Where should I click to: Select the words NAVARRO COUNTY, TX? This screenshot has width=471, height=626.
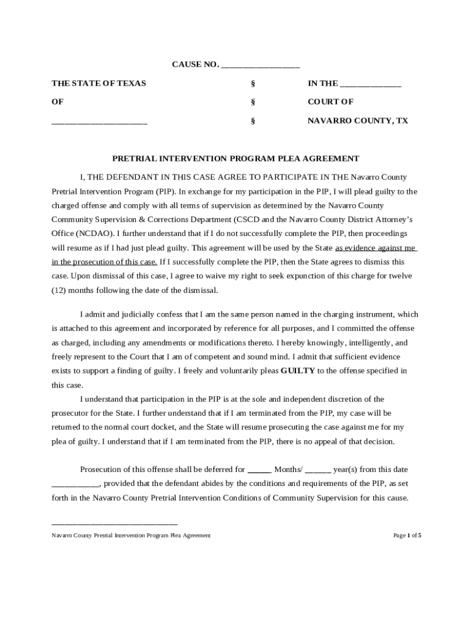coord(357,121)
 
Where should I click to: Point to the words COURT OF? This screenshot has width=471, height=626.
coord(330,102)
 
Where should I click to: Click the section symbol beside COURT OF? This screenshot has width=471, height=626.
coord(253,102)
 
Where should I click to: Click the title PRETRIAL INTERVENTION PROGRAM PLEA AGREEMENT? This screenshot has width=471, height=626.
coord(236,158)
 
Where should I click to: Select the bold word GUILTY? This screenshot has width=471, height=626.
coord(298,370)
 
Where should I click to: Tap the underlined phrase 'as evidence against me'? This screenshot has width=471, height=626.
coord(376,248)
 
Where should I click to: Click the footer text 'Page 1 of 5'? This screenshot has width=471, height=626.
coord(407,536)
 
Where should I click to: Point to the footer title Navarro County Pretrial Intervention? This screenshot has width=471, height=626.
coord(131,536)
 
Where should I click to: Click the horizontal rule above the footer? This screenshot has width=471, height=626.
coord(114,525)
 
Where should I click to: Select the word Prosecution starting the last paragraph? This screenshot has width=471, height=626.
coord(102,469)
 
